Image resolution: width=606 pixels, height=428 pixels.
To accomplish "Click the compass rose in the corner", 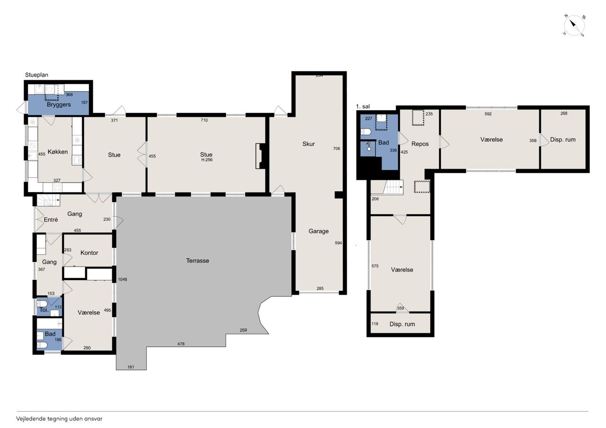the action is click(x=574, y=26).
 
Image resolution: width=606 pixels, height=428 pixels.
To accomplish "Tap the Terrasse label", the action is click(x=197, y=261).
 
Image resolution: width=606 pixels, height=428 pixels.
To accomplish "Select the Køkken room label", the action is click(x=58, y=152).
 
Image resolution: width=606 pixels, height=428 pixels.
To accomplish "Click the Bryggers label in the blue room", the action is click(x=59, y=105).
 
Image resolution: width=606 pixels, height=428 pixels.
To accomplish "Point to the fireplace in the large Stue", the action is click(x=261, y=156).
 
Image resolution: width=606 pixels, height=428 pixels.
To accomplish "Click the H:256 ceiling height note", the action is click(x=207, y=160).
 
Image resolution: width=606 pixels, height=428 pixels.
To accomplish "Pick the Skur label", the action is click(x=308, y=144).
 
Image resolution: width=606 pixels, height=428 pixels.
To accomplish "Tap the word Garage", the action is click(x=319, y=231).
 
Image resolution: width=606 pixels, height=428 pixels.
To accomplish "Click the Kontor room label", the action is click(x=89, y=253).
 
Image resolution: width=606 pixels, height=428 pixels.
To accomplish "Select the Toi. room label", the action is click(x=44, y=310).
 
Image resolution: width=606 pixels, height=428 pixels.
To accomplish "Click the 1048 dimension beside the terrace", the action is click(x=123, y=280).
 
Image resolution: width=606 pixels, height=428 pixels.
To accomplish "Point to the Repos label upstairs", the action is click(x=420, y=144).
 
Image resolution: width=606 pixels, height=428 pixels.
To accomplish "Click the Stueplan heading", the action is click(x=36, y=75).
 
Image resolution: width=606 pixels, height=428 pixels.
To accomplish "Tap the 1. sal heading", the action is click(x=363, y=106).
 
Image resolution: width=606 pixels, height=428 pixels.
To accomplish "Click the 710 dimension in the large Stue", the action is click(x=204, y=120).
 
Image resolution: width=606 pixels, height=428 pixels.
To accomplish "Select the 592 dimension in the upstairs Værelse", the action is click(x=488, y=114).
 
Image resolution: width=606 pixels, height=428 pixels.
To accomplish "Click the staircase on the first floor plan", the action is click(x=393, y=187).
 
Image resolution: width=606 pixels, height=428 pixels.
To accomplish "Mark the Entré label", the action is click(x=51, y=220).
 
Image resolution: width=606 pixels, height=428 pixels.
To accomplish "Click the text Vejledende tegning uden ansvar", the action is click(x=59, y=419).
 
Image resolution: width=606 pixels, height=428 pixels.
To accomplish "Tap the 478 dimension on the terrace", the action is click(x=181, y=344).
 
